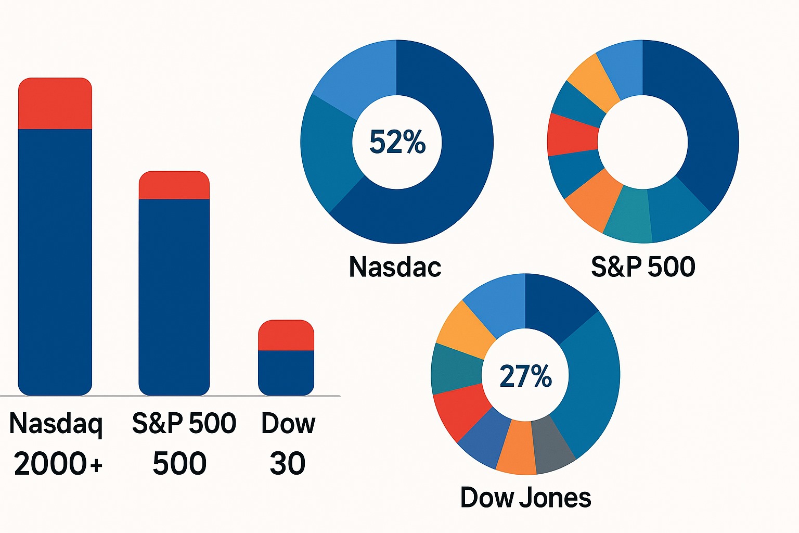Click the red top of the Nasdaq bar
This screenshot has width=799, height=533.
pos(55,103)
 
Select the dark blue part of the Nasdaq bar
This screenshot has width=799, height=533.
pos(55,260)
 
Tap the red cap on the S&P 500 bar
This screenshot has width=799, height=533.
pos(174,185)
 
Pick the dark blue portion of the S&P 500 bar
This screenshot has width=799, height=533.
pos(174,297)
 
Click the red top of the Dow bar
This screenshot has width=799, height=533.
pos(286,335)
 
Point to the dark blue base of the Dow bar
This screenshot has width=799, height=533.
pos(286,373)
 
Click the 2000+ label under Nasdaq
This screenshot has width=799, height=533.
pos(58,463)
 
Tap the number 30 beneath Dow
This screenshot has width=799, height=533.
pos(287,463)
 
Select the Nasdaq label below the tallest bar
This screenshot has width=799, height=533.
pos(56,424)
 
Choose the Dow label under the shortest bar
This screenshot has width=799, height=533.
pos(288,424)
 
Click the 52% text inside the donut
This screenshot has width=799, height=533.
pos(397,142)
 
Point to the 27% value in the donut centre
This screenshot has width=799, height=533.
pos(525,376)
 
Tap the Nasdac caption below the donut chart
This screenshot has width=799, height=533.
pos(395,266)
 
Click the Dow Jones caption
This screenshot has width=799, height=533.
pos(525,498)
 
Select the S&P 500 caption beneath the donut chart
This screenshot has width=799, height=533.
pos(643,266)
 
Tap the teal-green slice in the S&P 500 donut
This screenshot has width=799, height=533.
pos(628,215)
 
